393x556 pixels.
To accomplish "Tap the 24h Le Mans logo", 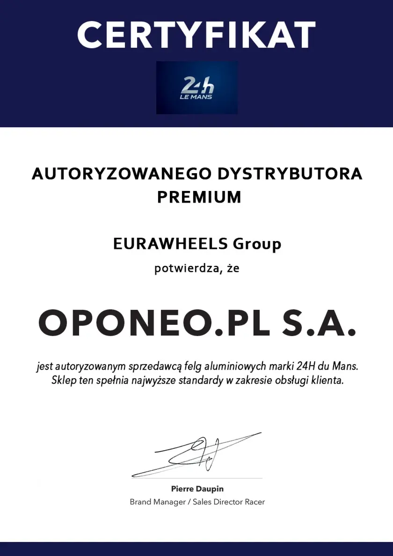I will tap(197, 88).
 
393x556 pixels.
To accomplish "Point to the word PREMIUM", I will tap(199, 197).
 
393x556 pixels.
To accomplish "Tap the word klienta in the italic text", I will tap(329, 380).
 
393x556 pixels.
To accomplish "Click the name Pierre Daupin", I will tap(197, 489).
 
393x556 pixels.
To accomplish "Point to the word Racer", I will tap(255, 502).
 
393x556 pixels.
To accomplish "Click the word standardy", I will tap(200, 380).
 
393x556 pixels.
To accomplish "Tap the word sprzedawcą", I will tap(155, 366).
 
